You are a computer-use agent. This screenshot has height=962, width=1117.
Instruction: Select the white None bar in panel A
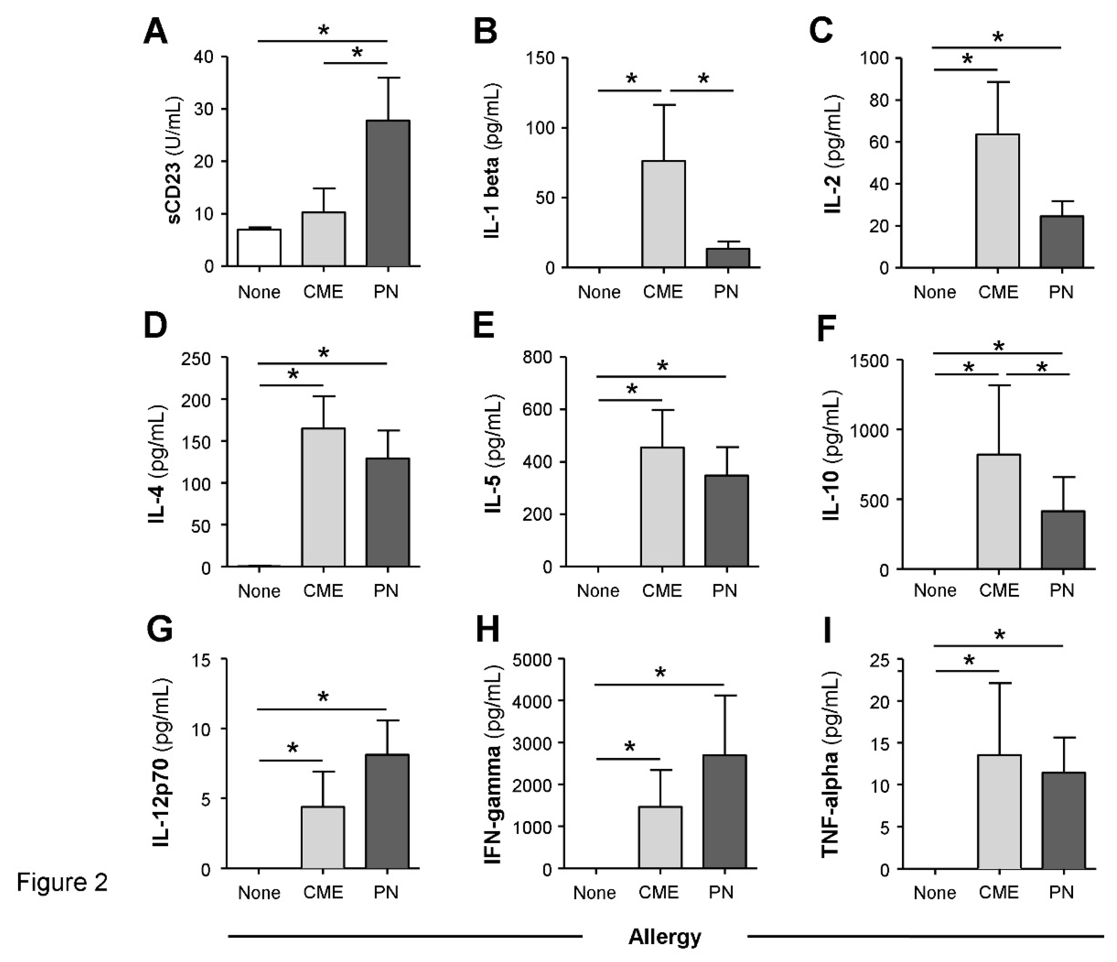coord(259,248)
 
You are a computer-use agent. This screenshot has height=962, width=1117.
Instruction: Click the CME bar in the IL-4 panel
coord(323,497)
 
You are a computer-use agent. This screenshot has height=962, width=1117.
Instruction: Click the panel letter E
coord(484,327)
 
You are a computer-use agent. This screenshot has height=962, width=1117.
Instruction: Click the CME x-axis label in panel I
coord(998,893)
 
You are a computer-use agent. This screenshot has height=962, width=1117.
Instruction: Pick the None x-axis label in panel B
coord(599,292)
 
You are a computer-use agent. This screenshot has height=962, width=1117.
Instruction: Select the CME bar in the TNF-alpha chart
coord(999,812)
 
